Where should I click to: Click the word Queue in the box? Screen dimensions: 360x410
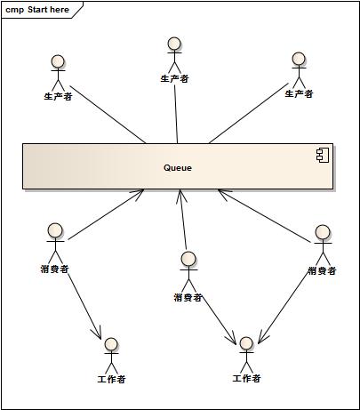coord(178,168)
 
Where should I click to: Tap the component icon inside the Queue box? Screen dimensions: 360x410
coord(323,155)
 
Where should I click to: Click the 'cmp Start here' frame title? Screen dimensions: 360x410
coord(37,10)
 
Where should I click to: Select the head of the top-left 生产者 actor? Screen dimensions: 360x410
coord(58,62)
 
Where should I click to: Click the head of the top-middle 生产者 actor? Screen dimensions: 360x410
coord(174,44)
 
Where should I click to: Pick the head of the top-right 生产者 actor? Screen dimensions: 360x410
coord(299,59)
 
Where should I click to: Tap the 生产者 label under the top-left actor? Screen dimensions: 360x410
coord(58,96)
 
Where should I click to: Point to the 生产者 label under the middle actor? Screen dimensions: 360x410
coord(174,78)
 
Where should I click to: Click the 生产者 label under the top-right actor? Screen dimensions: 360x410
coord(299,94)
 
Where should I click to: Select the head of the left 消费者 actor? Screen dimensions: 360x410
coord(55,230)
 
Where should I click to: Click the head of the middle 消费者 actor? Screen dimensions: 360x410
coord(188,259)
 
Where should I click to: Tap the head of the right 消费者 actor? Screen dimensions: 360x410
coord(323,232)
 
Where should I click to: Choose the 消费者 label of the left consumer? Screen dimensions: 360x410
coord(55,269)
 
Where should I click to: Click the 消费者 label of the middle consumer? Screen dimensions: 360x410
coord(188,297)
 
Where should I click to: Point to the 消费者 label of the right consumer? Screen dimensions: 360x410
coord(322,270)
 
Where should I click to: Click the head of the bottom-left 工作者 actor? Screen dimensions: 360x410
coord(111,344)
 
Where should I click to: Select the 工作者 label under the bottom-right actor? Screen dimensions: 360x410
coord(246,378)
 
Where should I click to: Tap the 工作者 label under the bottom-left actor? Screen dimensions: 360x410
coord(111,379)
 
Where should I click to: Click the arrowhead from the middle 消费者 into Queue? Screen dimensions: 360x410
coord(180,197)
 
